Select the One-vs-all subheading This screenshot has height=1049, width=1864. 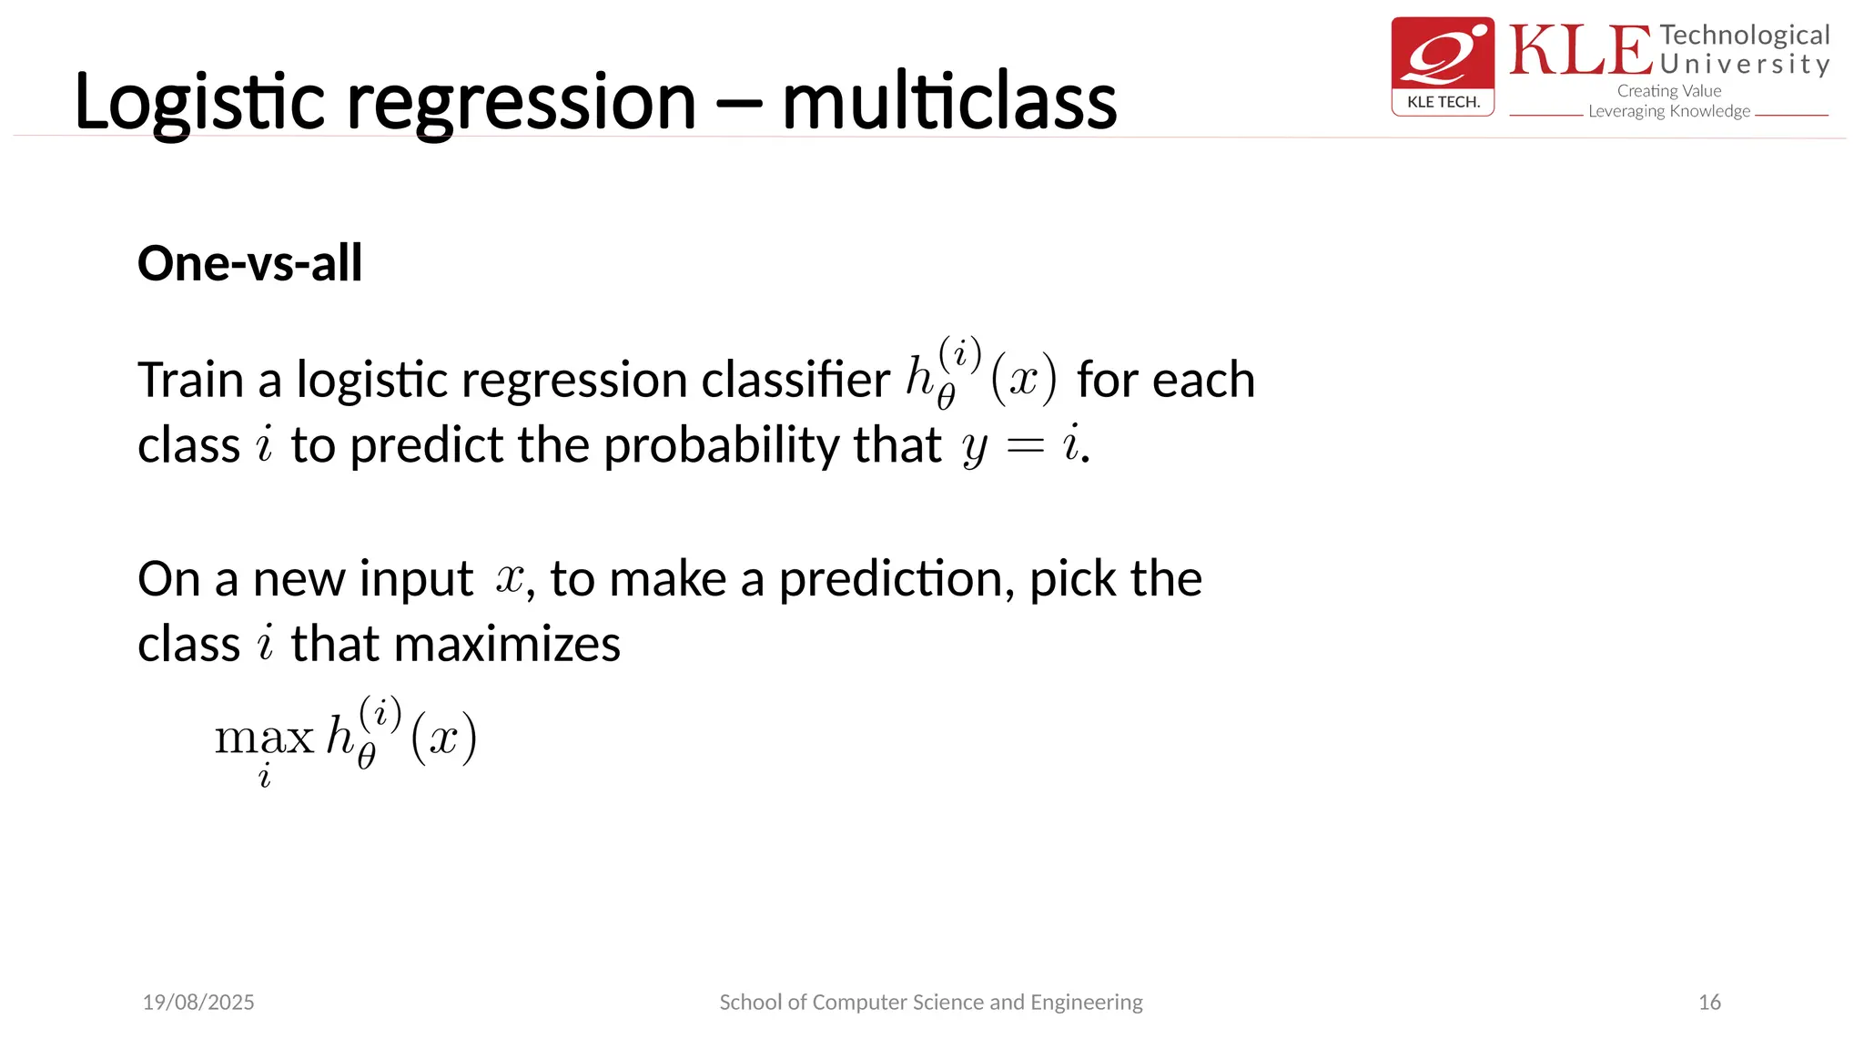tap(249, 264)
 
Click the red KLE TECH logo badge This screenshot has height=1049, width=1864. tap(1443, 66)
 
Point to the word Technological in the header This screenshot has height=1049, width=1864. tap(1744, 36)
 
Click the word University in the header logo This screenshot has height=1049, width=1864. tap(1744, 65)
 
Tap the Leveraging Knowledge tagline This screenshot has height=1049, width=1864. tap(1668, 111)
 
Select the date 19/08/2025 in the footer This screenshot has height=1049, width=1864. tap(198, 1003)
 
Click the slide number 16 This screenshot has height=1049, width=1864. tap(1709, 1003)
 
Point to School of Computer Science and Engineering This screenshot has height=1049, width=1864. tap(930, 1003)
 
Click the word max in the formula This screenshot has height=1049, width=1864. tap(264, 737)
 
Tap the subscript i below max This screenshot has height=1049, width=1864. tap(265, 777)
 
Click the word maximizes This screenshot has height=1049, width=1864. tap(507, 645)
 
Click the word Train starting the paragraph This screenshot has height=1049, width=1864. tap(190, 381)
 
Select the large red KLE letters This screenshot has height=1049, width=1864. tap(1580, 51)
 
